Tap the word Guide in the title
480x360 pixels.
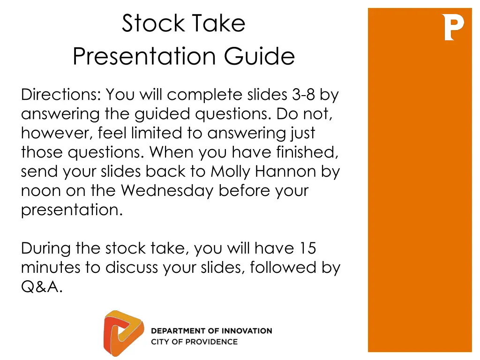click(x=259, y=56)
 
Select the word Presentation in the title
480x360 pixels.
click(x=144, y=56)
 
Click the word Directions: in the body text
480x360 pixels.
click(x=60, y=94)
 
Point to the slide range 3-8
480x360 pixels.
click(x=303, y=94)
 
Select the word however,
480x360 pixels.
click(x=57, y=134)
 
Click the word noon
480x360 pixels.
click(x=41, y=191)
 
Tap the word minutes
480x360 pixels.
click(x=50, y=268)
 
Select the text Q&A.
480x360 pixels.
click(x=42, y=287)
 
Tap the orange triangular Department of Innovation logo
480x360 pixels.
click(x=123, y=333)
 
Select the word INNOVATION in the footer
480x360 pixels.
click(x=247, y=331)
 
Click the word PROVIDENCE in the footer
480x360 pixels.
click(x=211, y=342)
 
